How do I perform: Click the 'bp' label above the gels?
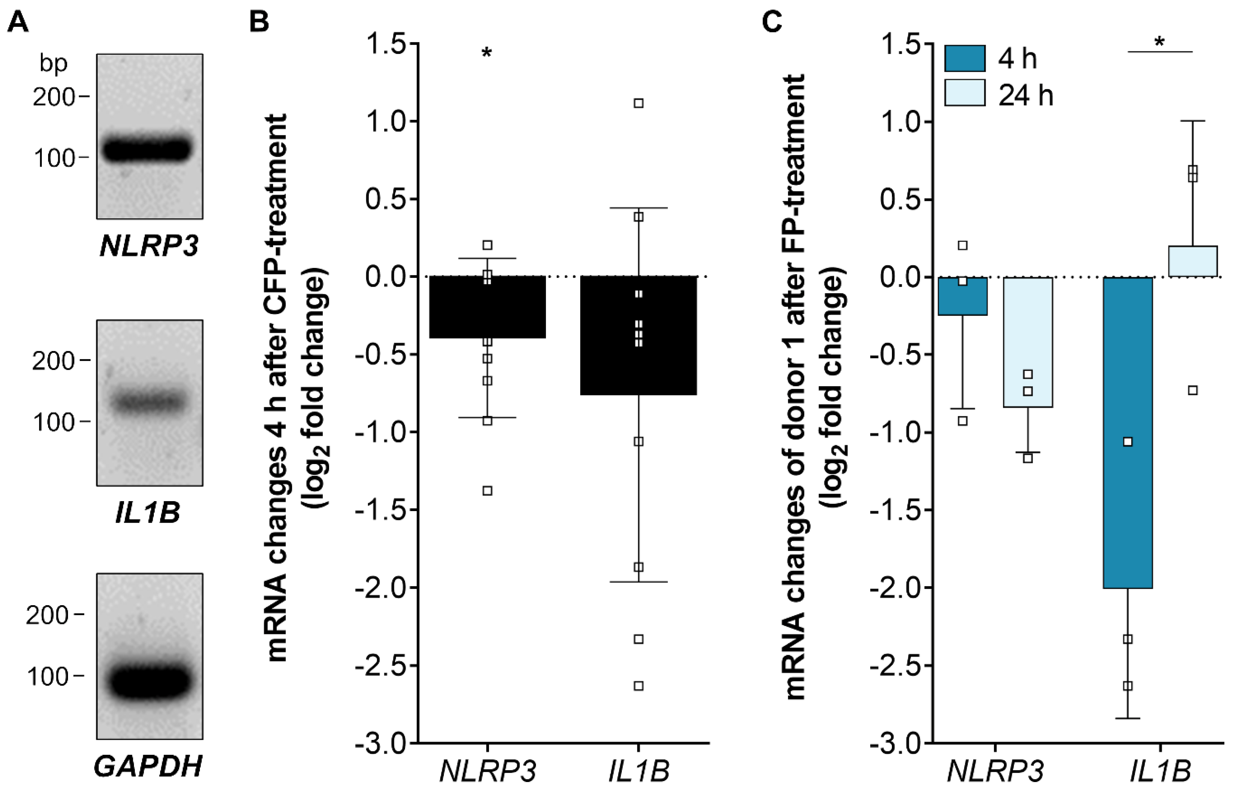[x=53, y=65]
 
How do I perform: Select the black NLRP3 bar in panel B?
[x=487, y=307]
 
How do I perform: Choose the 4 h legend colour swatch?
[x=965, y=58]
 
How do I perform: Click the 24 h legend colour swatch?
[x=965, y=93]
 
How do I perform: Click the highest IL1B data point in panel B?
[x=638, y=103]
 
